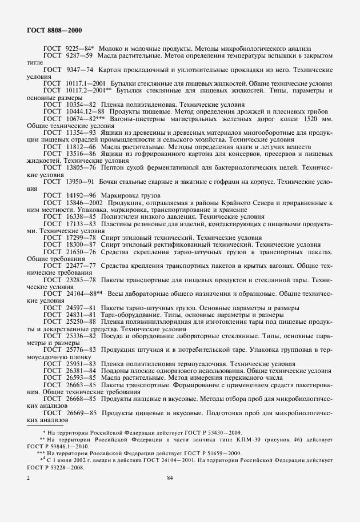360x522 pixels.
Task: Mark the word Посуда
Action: pos(113,335)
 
